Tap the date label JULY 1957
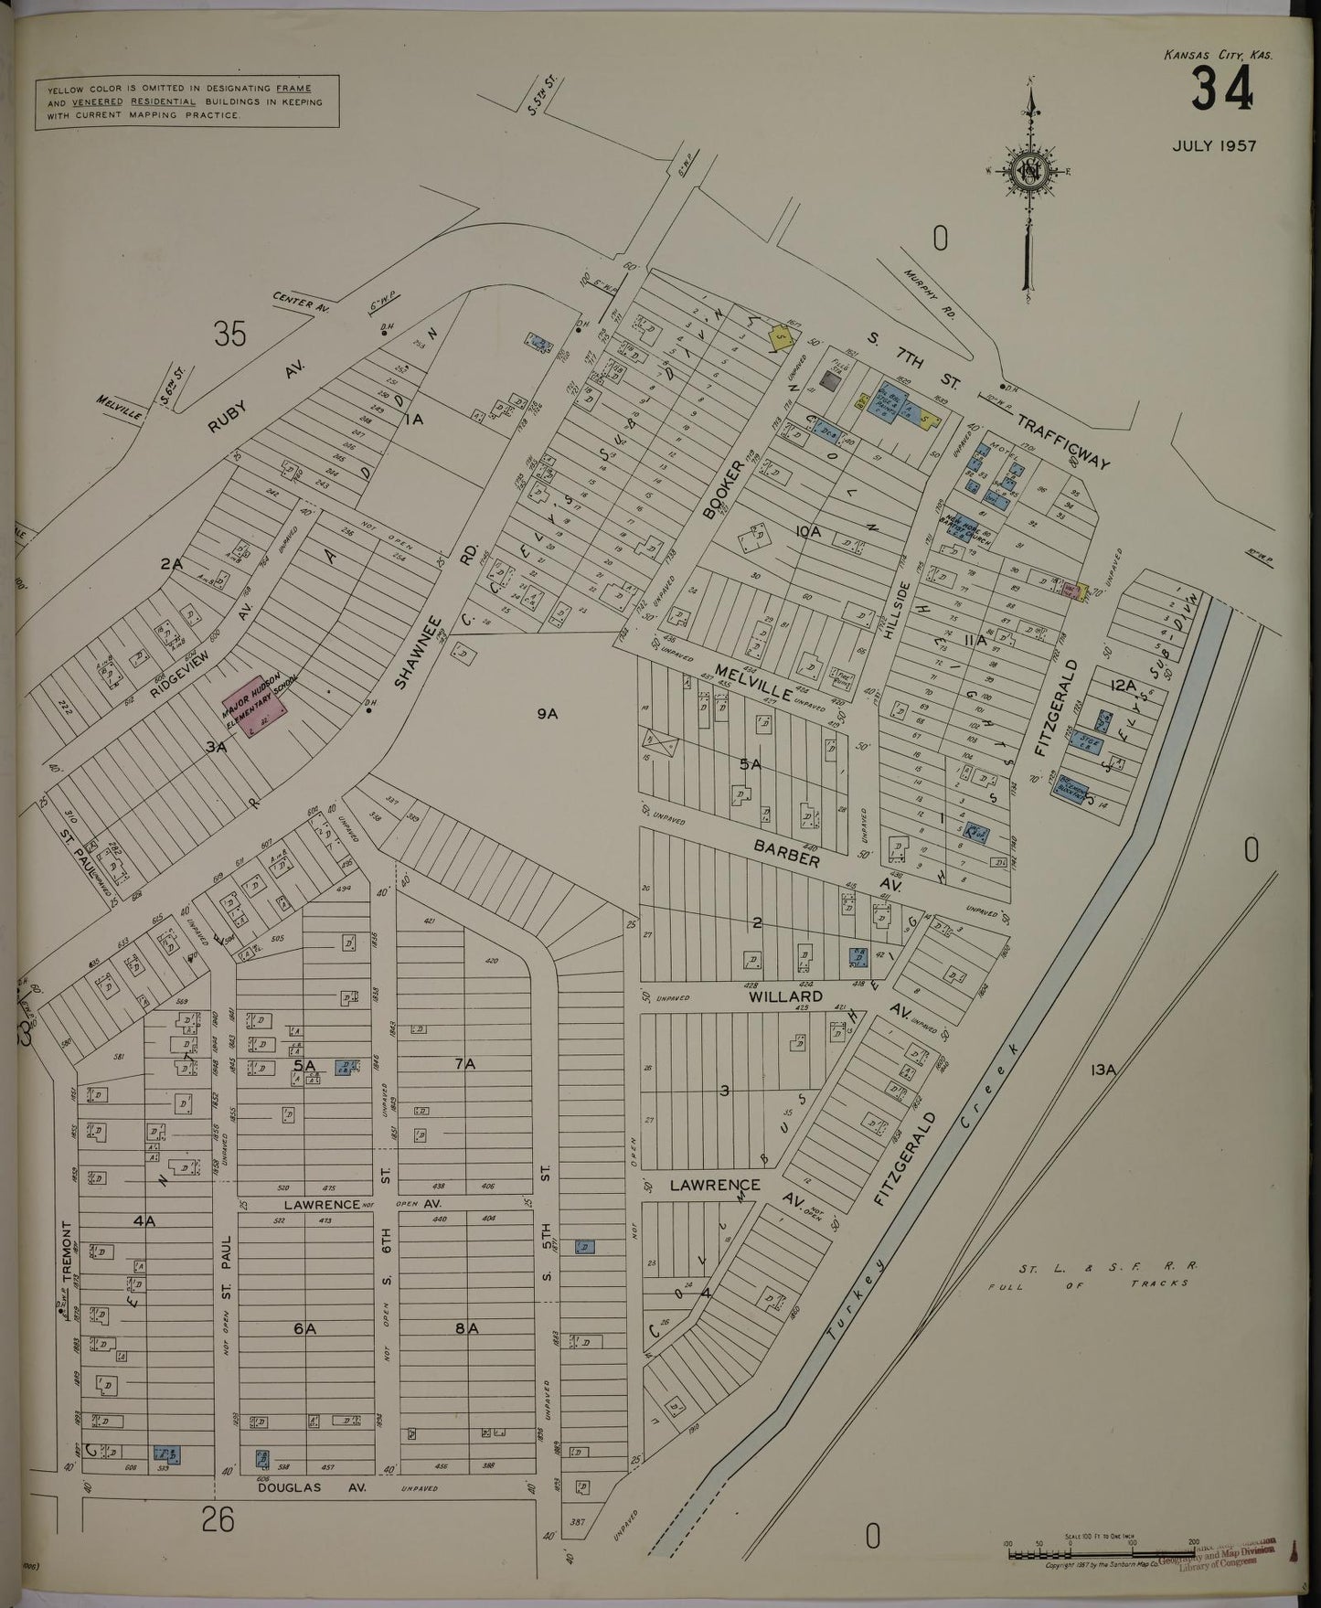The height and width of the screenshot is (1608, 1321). click(x=1214, y=145)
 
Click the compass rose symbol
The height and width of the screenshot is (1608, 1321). click(x=1029, y=171)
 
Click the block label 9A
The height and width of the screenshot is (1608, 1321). click(x=548, y=714)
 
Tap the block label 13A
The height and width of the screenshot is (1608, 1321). click(x=1105, y=1068)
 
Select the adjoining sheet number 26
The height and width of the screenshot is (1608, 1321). click(x=218, y=1520)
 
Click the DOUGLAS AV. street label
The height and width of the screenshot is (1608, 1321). click(x=310, y=1488)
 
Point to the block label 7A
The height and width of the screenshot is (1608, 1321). click(x=465, y=1063)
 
